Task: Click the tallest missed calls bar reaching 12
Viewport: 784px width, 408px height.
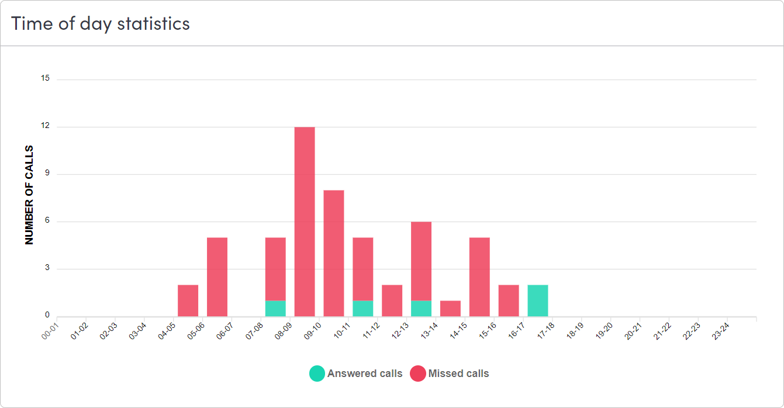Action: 305,222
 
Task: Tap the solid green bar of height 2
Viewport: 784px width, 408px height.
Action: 538,300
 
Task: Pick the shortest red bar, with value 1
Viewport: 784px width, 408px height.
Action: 450,309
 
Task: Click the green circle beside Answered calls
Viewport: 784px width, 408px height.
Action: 317,374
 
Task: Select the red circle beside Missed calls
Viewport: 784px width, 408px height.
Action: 418,374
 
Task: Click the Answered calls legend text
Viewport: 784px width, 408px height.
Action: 365,374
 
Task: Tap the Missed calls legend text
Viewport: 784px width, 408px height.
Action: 458,374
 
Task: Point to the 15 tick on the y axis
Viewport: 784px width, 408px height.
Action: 45,79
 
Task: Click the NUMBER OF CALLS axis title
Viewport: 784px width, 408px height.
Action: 29,195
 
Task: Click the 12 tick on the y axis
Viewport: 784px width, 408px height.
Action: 45,126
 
